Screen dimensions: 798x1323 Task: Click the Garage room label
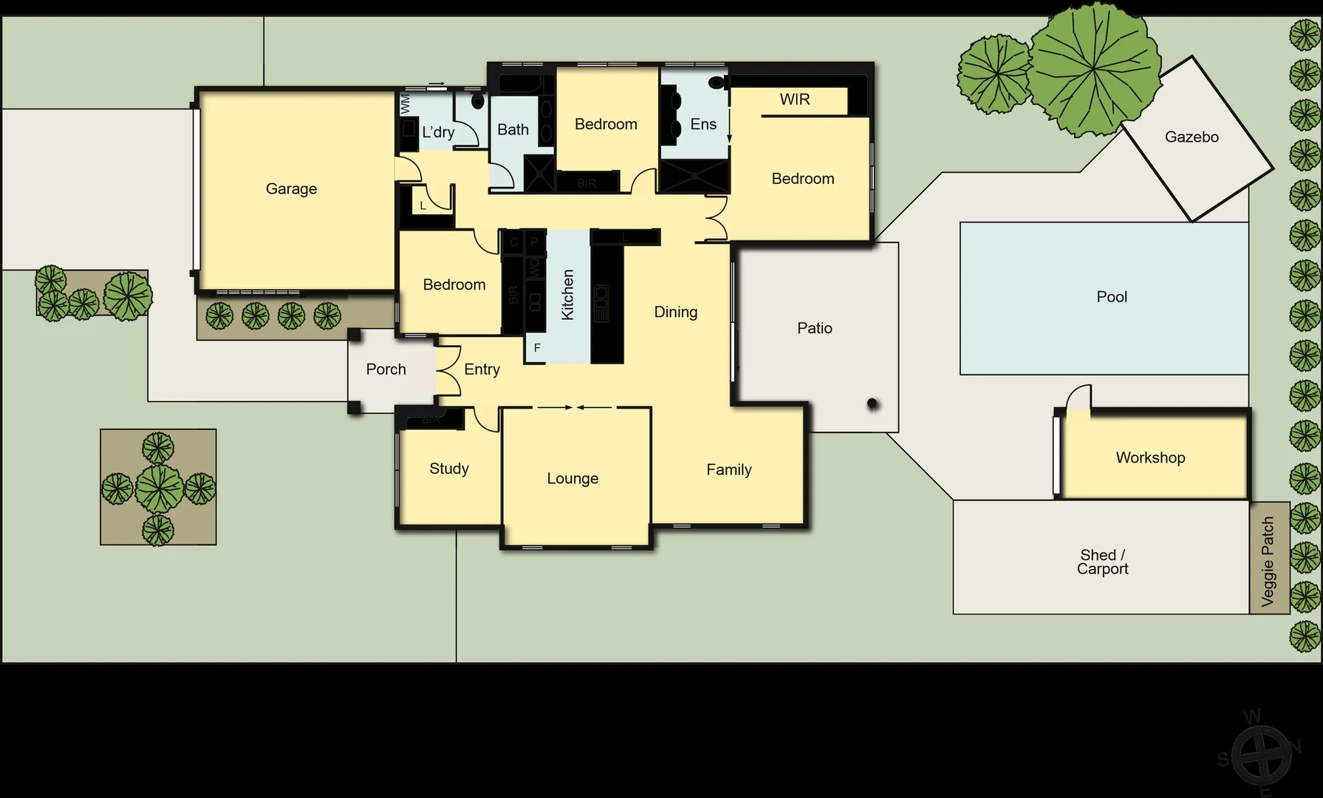(x=291, y=189)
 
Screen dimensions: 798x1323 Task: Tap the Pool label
(x=1112, y=297)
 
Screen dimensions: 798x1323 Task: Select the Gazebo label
(x=1192, y=137)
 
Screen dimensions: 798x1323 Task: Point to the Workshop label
(x=1150, y=458)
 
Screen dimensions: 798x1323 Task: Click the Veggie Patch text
(x=1268, y=562)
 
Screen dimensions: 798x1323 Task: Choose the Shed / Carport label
(x=1102, y=562)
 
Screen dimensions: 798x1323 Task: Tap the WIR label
(x=795, y=100)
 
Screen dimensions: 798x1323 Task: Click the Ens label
(x=703, y=124)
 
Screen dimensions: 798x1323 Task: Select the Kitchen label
(x=567, y=295)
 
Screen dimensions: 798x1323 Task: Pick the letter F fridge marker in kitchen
(x=537, y=348)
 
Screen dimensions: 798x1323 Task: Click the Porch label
(x=386, y=369)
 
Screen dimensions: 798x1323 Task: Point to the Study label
(x=449, y=469)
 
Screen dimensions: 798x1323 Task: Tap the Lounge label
(x=572, y=479)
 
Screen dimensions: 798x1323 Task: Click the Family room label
(x=728, y=470)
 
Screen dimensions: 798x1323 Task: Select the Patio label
(x=814, y=328)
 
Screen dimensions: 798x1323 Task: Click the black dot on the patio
(x=872, y=404)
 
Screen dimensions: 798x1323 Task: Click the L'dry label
(x=438, y=132)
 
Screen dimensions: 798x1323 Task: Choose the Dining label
(x=675, y=313)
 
